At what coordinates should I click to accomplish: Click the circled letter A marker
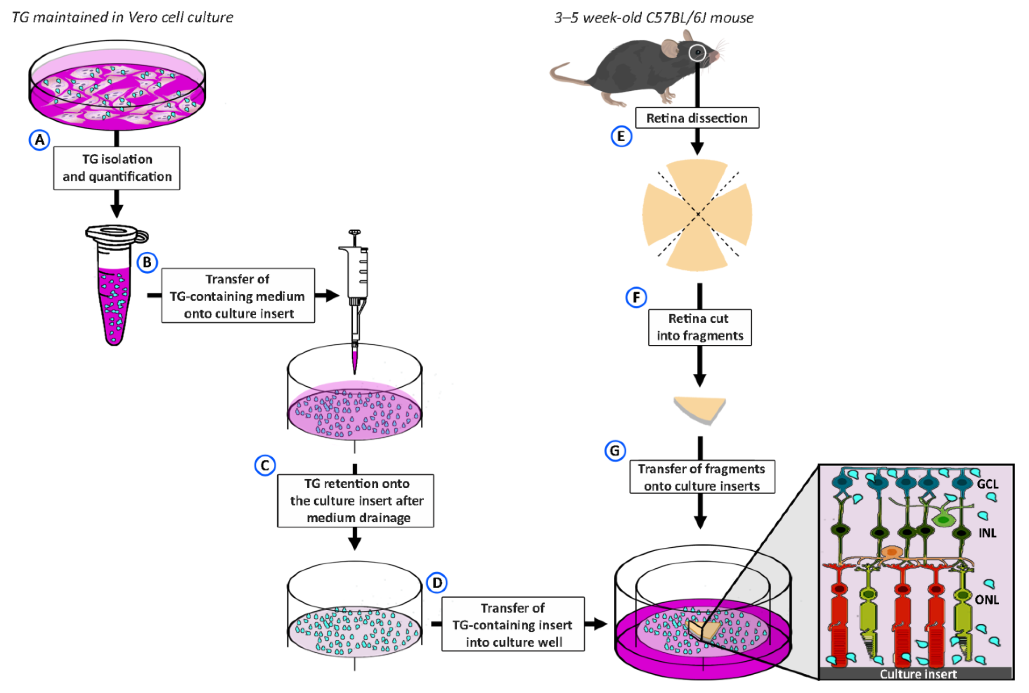[x=39, y=140]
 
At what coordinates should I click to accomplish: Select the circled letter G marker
[x=615, y=451]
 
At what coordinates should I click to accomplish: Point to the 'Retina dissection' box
[x=697, y=118]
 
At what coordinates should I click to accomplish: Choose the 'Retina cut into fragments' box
[x=699, y=327]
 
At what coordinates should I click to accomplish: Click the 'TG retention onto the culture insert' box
[x=356, y=500]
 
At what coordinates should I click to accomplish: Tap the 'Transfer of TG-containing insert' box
[x=513, y=625]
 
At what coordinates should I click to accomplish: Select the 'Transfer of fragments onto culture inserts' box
[x=702, y=477]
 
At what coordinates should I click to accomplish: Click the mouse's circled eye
[x=698, y=53]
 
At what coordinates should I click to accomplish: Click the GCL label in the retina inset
[x=987, y=485]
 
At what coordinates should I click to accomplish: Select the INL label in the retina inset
[x=987, y=533]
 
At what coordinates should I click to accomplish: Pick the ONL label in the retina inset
[x=987, y=600]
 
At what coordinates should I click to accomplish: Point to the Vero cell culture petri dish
[x=117, y=86]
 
